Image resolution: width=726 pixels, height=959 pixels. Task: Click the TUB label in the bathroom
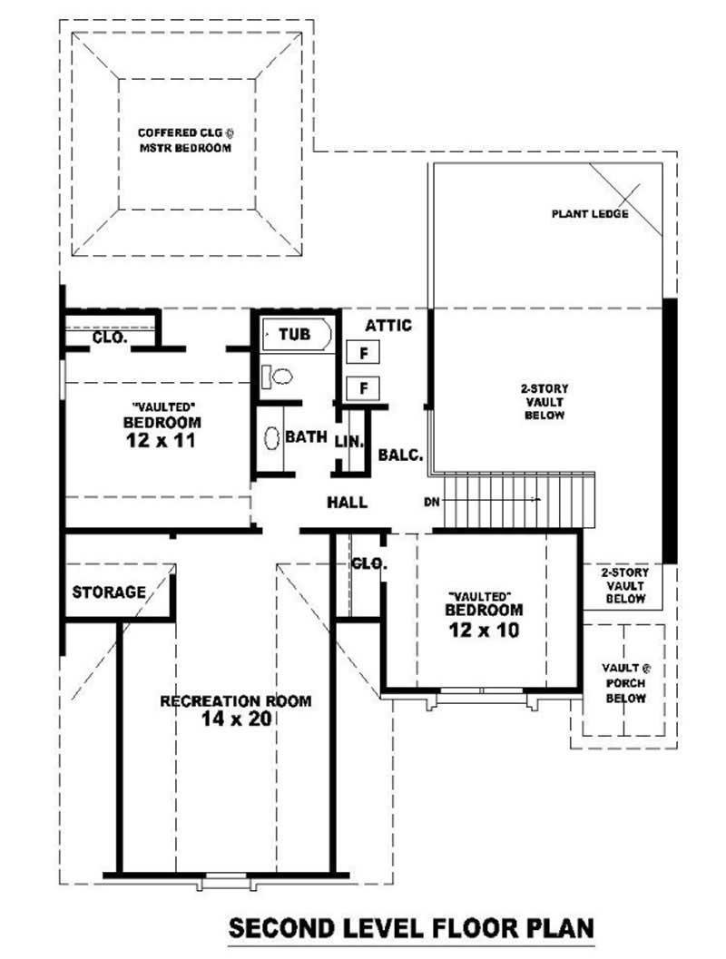(x=294, y=335)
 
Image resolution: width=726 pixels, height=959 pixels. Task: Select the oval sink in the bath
(x=271, y=437)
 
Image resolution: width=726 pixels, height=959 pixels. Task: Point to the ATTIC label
(x=388, y=325)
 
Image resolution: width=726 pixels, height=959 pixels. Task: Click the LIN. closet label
(x=348, y=443)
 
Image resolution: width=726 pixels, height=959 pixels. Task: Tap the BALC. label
(x=401, y=455)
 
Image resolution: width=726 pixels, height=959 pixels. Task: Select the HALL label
(x=348, y=502)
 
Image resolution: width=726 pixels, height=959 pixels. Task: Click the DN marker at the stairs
(x=431, y=502)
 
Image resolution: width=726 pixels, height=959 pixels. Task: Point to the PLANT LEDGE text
(x=590, y=215)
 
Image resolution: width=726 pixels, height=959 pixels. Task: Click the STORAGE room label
(x=109, y=592)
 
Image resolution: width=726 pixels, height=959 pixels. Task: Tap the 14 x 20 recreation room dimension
(x=236, y=719)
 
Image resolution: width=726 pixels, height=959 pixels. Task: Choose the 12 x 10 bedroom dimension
(x=482, y=630)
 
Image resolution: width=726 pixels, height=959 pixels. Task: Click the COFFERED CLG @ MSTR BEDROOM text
(x=185, y=140)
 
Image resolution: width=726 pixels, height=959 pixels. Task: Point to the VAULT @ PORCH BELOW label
(x=626, y=683)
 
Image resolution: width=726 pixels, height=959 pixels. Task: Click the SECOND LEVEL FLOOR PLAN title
(x=411, y=928)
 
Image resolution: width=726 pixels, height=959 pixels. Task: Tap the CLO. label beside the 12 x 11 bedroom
(x=110, y=338)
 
